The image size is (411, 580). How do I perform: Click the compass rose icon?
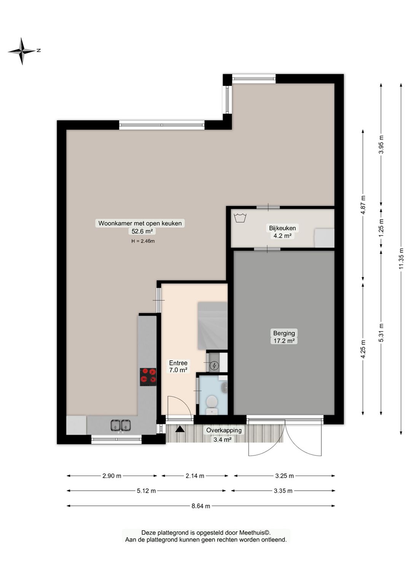coord(22,51)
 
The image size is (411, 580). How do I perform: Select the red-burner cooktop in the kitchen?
coord(148,376)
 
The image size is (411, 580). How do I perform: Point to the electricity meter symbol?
coord(215,366)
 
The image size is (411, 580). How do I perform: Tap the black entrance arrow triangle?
coord(180,429)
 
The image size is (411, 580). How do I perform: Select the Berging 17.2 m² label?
coord(284,337)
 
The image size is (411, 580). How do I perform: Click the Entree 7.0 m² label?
coord(178,366)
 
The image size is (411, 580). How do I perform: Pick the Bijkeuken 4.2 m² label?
coord(282,232)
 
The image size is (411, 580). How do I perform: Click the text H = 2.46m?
coord(143,241)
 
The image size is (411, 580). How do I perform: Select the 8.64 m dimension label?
coord(201,506)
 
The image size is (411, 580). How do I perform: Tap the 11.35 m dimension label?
coord(401,258)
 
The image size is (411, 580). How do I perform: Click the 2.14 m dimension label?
coord(195,476)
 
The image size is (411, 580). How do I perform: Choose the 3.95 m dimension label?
coord(381,144)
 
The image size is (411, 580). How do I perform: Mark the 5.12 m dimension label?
coord(146,491)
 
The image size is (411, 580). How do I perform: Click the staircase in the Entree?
coord(212,326)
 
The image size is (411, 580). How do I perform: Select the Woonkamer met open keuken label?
coord(140,223)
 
